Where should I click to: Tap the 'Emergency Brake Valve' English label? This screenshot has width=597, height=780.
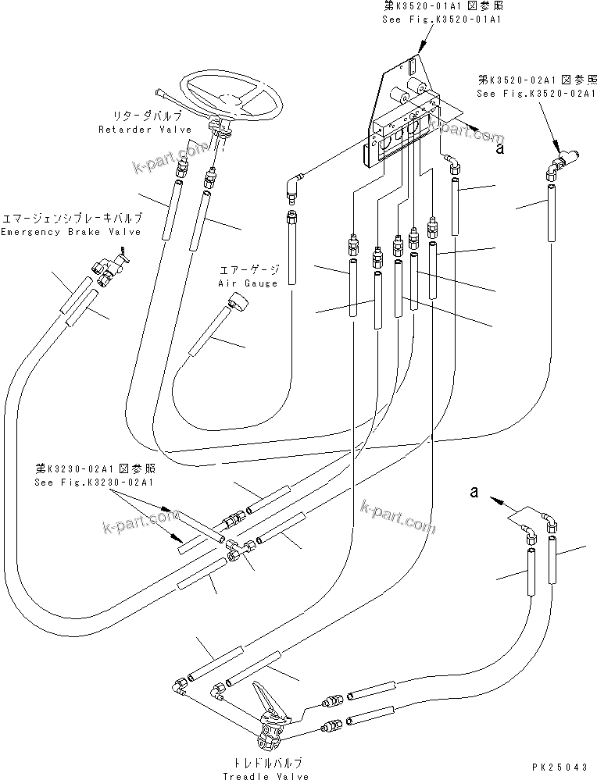71,232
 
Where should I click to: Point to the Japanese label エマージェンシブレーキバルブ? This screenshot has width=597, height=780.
71,218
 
